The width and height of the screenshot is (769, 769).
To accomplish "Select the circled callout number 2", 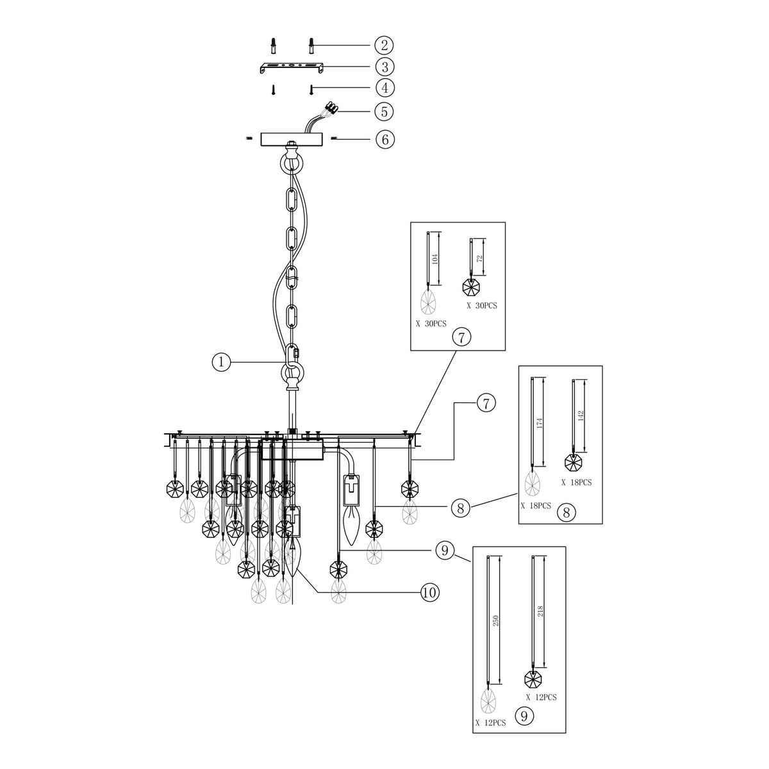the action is click(384, 45).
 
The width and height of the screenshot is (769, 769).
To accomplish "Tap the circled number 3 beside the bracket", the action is click(384, 67).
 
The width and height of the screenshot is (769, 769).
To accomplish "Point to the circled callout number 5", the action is click(384, 112).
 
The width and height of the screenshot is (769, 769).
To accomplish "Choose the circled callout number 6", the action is click(385, 139).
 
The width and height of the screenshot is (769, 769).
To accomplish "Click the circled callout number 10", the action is click(430, 592).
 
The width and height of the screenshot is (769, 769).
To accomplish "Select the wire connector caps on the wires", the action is click(331, 108).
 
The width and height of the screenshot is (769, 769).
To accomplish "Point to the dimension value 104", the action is click(435, 259).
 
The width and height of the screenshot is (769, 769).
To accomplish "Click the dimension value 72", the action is click(480, 258).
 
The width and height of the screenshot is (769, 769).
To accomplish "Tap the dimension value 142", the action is click(581, 416).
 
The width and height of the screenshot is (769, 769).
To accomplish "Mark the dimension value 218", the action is click(540, 611).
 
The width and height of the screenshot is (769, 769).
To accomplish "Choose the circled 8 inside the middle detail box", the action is click(566, 512).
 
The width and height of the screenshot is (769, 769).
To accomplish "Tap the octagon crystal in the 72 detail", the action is click(471, 286).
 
